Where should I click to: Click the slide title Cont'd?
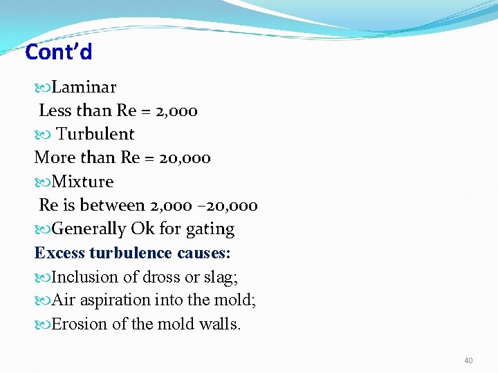(58, 52)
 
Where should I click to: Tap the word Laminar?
(84, 87)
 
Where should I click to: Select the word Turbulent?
(95, 134)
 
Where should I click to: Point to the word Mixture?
(82, 182)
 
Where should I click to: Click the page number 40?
(468, 361)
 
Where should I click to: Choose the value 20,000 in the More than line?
(185, 157)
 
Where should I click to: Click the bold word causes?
(204, 253)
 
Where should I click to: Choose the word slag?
(223, 277)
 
